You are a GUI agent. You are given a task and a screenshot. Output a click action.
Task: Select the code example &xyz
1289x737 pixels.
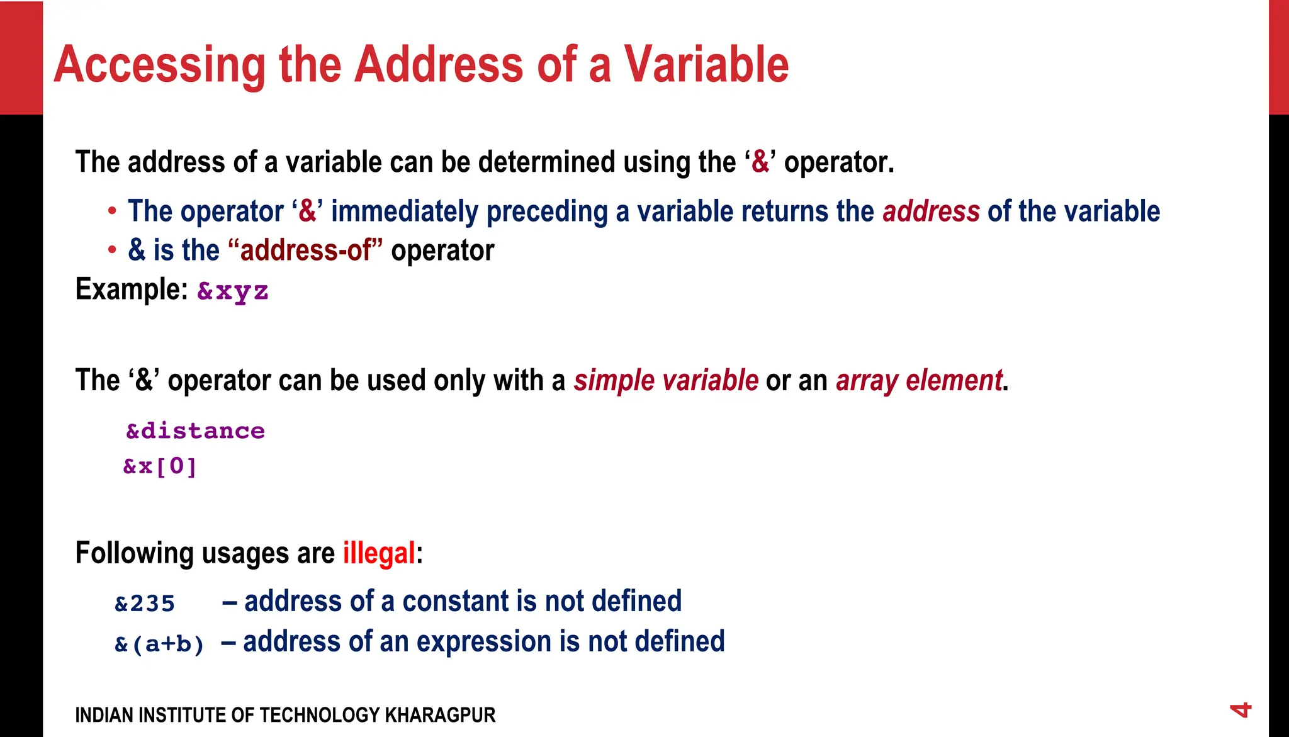(x=233, y=291)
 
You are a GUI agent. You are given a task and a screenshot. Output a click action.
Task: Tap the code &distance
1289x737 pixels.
(x=195, y=431)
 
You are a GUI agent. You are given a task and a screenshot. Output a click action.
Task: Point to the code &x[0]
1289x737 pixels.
(x=160, y=467)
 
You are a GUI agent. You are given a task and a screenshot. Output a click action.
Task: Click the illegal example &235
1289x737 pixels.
(x=145, y=604)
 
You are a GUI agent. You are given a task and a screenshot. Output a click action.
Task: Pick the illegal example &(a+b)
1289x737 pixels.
(x=160, y=644)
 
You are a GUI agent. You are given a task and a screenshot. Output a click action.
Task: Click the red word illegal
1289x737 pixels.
(x=379, y=554)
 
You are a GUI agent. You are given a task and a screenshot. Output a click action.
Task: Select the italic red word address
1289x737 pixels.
(x=931, y=211)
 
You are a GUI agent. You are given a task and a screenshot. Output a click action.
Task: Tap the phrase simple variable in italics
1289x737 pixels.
(x=666, y=381)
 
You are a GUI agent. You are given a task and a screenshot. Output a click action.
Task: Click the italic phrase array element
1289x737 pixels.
(x=919, y=381)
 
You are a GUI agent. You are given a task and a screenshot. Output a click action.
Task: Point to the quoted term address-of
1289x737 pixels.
(x=306, y=250)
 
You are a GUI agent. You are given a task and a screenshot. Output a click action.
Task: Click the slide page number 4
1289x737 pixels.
(x=1241, y=711)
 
